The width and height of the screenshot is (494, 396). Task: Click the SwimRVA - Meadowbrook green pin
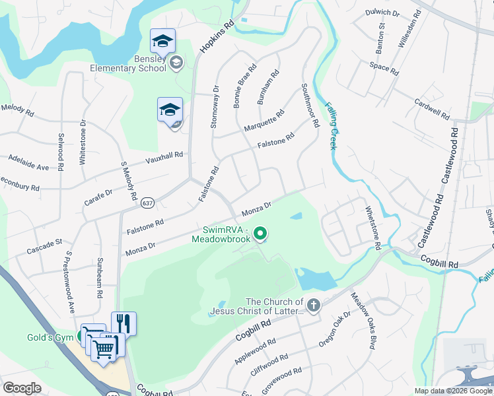(x=260, y=233)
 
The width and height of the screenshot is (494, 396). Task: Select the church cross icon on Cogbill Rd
(x=313, y=305)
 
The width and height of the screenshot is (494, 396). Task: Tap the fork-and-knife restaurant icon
(x=123, y=323)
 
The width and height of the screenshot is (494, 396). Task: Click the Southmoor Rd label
(x=310, y=104)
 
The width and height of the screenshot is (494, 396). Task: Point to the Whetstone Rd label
(x=374, y=226)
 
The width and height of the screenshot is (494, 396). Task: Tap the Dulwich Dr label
(x=382, y=13)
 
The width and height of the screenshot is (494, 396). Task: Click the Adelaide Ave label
(x=28, y=162)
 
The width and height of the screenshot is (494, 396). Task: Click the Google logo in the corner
(x=22, y=387)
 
